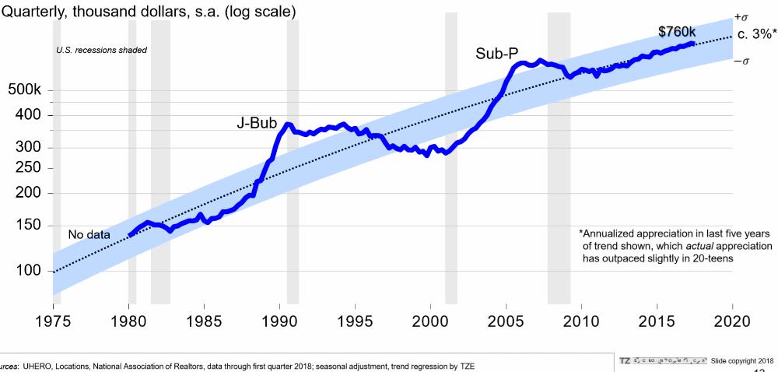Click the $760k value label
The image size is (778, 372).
click(x=676, y=32)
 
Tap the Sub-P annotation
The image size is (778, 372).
click(x=497, y=54)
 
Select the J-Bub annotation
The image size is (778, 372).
click(x=258, y=124)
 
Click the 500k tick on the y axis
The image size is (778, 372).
click(x=24, y=90)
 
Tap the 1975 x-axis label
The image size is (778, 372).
click(x=54, y=321)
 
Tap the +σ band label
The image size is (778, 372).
click(x=740, y=17)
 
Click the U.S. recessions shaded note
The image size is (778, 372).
click(x=102, y=51)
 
